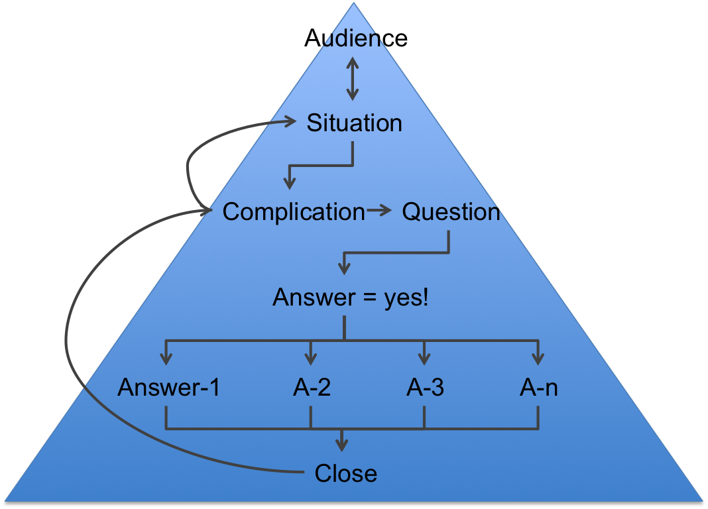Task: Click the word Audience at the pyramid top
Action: click(x=356, y=38)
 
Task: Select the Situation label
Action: click(x=354, y=123)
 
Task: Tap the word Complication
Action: click(x=294, y=212)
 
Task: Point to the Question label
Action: click(x=451, y=212)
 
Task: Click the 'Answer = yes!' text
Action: click(x=351, y=298)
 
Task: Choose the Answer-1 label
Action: click(x=168, y=388)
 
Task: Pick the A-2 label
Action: click(x=312, y=388)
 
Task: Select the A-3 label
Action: click(x=425, y=388)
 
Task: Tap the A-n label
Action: click(x=538, y=388)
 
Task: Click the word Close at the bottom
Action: click(x=345, y=473)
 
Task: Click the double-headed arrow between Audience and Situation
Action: click(x=352, y=79)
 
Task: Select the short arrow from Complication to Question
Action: click(x=380, y=211)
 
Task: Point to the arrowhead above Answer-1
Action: click(x=166, y=358)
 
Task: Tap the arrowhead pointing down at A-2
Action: click(x=310, y=358)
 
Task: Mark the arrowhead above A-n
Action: click(x=538, y=358)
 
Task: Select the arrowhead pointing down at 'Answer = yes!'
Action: click(x=343, y=267)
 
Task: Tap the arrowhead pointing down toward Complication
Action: click(x=288, y=181)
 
